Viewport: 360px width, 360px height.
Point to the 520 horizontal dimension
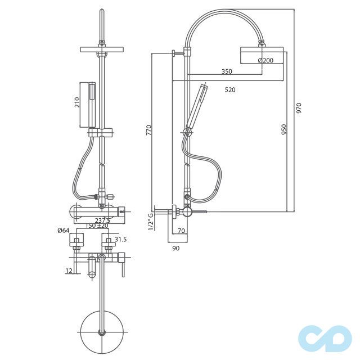coord(229,89)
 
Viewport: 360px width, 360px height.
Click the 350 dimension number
coord(226,71)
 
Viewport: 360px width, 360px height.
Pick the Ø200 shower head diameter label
coord(265,60)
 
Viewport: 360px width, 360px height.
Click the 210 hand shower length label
coord(78,102)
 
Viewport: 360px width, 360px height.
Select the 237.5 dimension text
coord(102,220)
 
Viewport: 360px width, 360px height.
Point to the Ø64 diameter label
coord(63,230)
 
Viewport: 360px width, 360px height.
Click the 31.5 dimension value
coord(120,240)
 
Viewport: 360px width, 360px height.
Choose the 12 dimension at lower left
coord(68,271)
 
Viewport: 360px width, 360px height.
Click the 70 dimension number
coord(181,231)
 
